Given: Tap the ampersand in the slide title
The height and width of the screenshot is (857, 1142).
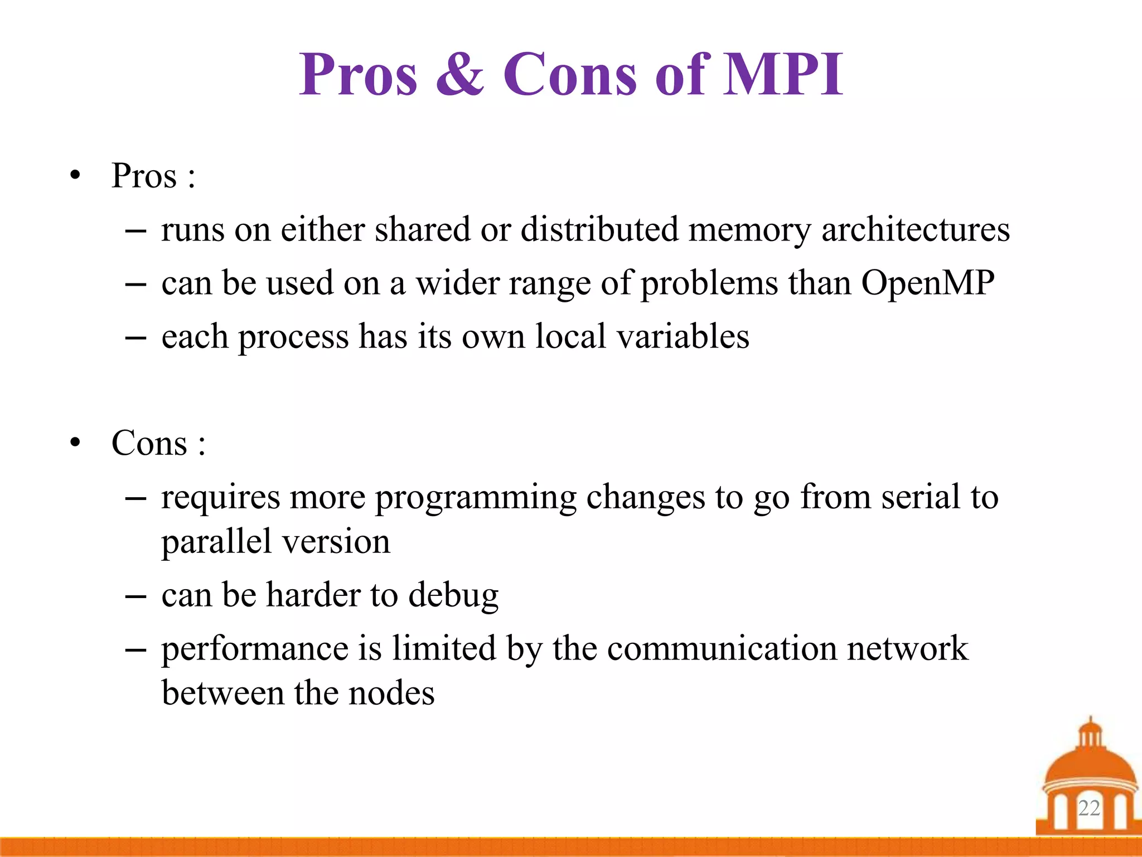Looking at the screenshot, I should (x=460, y=75).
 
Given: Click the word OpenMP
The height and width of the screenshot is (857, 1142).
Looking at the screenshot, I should (x=927, y=283).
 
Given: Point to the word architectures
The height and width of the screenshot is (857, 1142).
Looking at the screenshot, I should (x=915, y=229).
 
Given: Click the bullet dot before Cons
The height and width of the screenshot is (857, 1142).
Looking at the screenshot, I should (x=75, y=444).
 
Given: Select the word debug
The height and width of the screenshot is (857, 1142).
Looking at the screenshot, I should (x=453, y=595).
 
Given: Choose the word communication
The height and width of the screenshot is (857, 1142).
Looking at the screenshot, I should (x=722, y=648).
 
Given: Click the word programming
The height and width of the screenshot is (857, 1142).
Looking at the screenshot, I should (x=475, y=497).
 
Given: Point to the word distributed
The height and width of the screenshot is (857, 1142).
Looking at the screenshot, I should (x=599, y=229).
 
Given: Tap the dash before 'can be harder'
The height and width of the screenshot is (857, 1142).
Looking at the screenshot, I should (x=136, y=596).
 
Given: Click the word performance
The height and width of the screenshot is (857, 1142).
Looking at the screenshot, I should (x=254, y=649).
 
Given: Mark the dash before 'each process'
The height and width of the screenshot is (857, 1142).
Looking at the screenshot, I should (x=136, y=338).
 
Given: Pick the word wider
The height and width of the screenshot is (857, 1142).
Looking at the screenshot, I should (x=458, y=283).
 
